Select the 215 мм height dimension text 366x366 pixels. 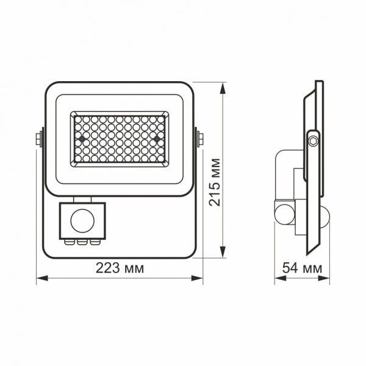click(215, 182)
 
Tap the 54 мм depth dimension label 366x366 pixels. click(303, 268)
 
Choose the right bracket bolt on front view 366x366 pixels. click(199, 138)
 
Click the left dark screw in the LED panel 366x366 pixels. click(81, 139)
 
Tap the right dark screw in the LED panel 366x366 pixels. click(157, 139)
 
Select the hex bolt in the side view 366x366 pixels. click(313, 140)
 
